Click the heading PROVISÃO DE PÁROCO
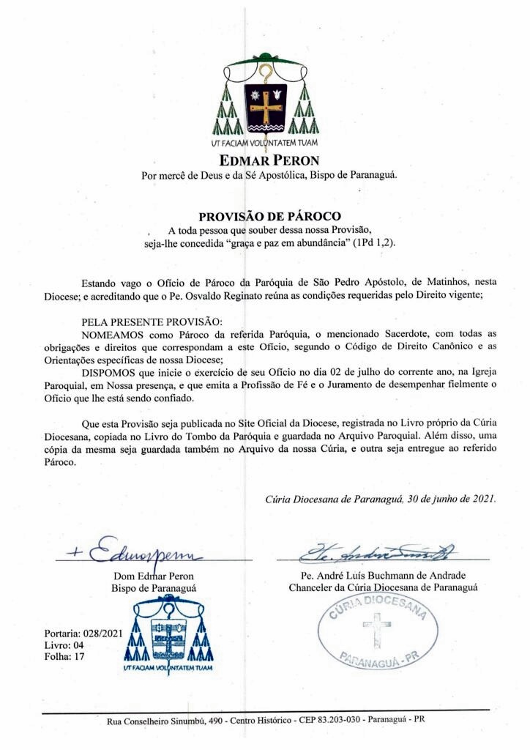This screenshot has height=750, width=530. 270,216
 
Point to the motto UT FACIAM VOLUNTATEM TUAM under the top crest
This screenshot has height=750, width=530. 264,143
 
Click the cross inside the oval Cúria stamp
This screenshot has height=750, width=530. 377,629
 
